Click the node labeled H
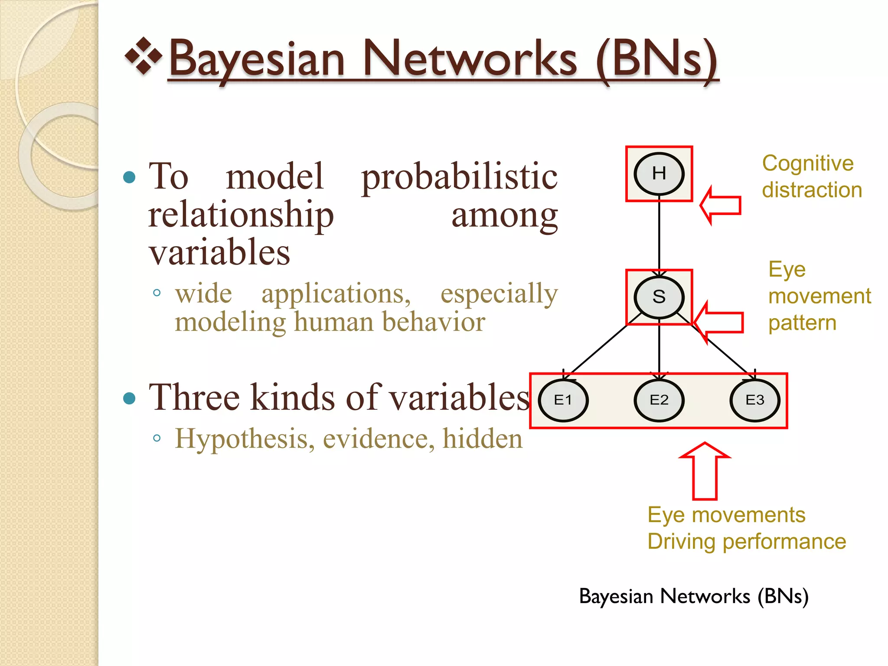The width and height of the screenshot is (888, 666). (659, 174)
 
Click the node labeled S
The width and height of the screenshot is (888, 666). (659, 297)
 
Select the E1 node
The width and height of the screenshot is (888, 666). (563, 400)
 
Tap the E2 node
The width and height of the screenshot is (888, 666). (659, 400)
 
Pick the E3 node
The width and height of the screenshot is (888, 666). (754, 400)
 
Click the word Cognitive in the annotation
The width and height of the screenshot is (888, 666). (807, 164)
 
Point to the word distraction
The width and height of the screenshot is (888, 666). (812, 190)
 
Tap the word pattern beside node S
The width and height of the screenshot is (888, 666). (802, 323)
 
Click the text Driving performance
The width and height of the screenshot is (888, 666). (747, 542)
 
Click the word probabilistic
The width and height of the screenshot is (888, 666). (459, 177)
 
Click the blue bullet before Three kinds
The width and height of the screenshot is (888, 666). (129, 398)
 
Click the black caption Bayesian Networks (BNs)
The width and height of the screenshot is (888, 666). (693, 597)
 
